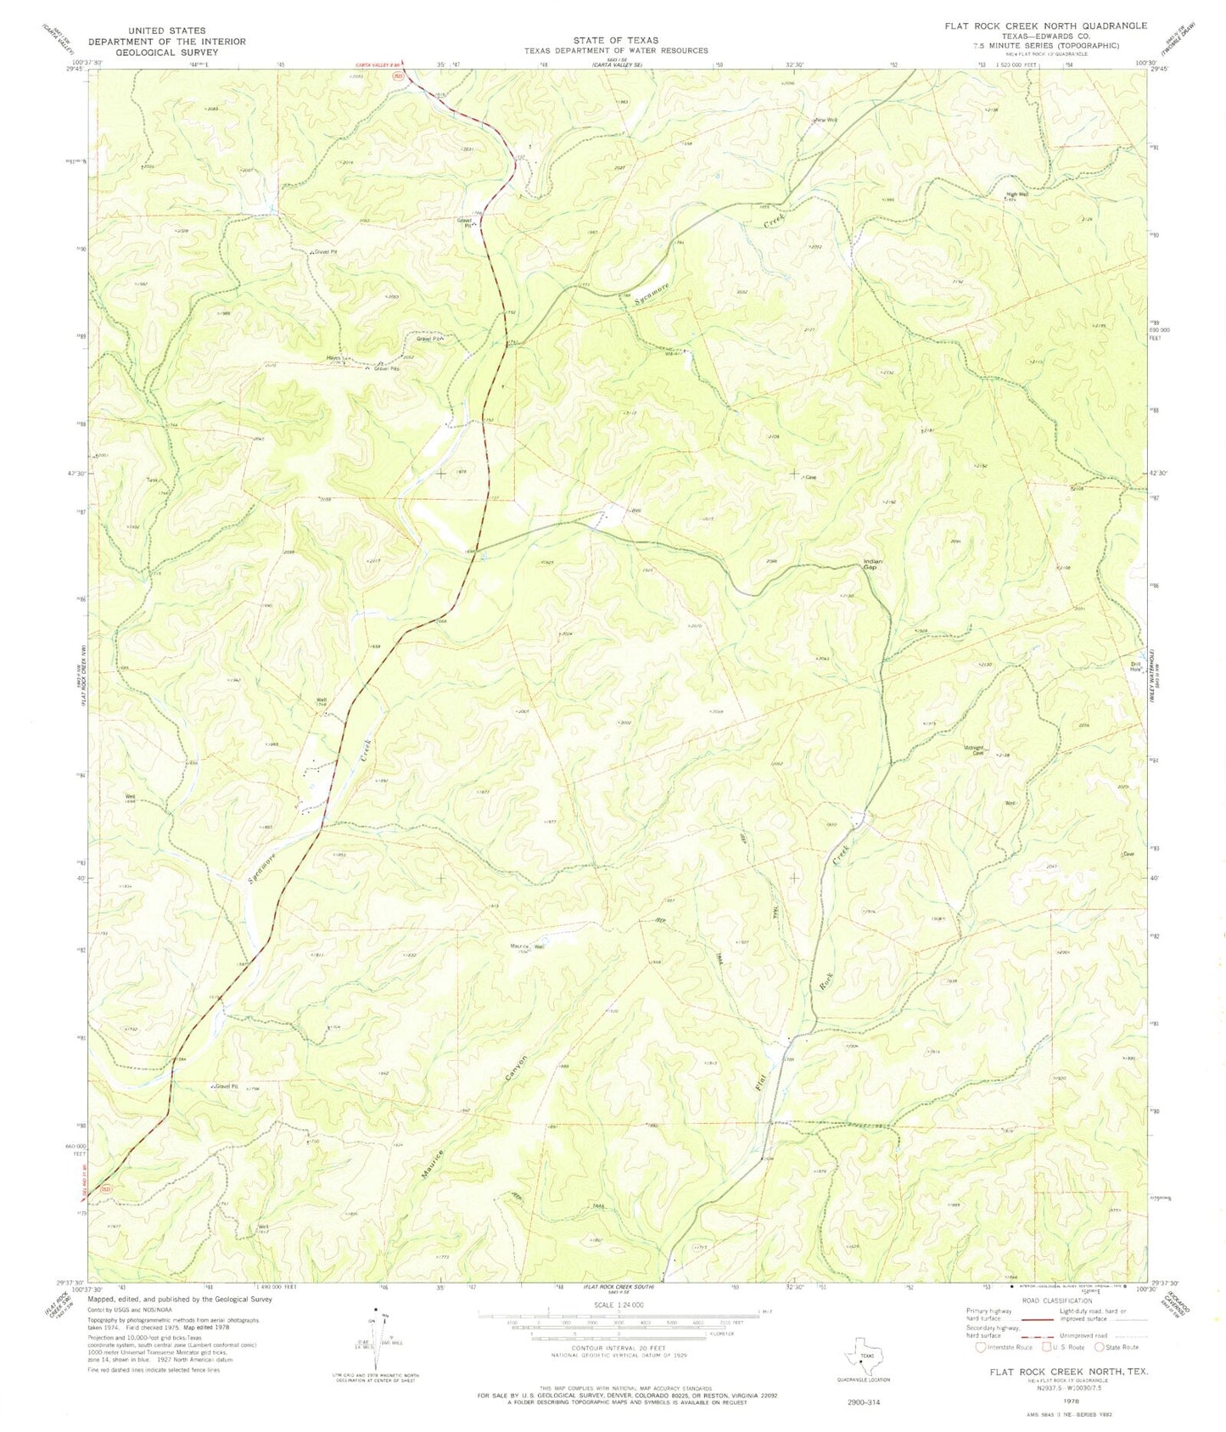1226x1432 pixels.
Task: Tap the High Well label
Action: tap(1017, 194)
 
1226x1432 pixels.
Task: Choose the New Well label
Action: tap(826, 120)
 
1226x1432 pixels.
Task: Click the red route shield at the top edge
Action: tap(397, 76)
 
